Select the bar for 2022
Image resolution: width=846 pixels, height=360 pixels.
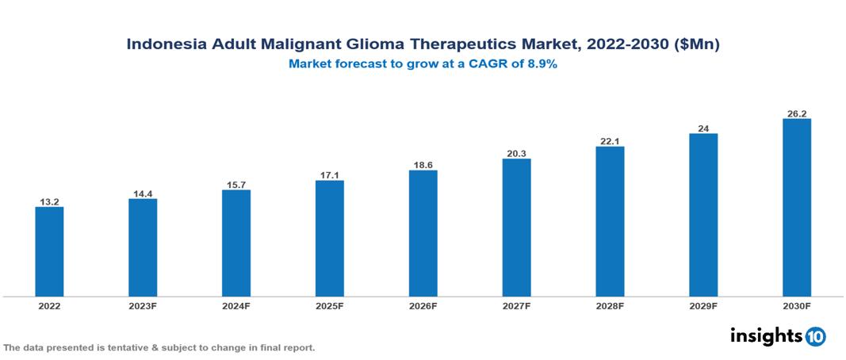pos(49,251)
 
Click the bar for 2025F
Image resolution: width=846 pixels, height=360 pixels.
pos(329,238)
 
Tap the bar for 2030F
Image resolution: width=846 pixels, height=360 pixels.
pos(796,208)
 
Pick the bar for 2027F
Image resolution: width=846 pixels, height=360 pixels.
pos(516,228)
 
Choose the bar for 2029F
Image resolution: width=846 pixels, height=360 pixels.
pos(703,215)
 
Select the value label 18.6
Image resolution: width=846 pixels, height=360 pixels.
pos(423,164)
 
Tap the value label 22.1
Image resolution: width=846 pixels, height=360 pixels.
pos(610,140)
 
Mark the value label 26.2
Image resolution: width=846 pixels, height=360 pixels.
pos(796,113)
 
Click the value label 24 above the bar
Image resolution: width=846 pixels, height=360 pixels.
pos(703,127)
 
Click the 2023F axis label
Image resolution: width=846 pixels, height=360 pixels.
pos(143,305)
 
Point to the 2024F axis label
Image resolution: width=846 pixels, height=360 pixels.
pos(236,305)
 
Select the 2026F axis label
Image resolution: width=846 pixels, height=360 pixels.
pos(423,305)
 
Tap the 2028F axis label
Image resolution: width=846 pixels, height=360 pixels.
pos(610,305)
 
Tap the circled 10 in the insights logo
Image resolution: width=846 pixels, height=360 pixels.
pos(816,337)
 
